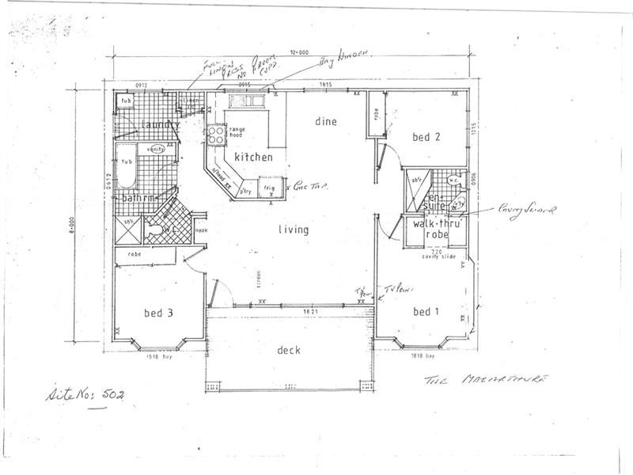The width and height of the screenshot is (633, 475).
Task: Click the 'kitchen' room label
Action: (x=253, y=158)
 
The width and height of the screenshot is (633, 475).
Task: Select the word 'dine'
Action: (x=326, y=122)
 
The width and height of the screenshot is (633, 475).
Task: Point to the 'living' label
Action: (x=293, y=230)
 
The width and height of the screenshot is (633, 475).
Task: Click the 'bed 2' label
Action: (x=426, y=138)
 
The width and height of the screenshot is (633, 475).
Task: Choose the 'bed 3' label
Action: (x=159, y=313)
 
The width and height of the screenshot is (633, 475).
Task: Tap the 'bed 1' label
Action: (x=426, y=312)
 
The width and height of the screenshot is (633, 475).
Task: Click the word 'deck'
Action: (x=289, y=350)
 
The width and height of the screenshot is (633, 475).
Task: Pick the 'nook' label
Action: (x=200, y=231)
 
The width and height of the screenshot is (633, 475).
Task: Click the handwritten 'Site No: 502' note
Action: (x=86, y=393)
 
